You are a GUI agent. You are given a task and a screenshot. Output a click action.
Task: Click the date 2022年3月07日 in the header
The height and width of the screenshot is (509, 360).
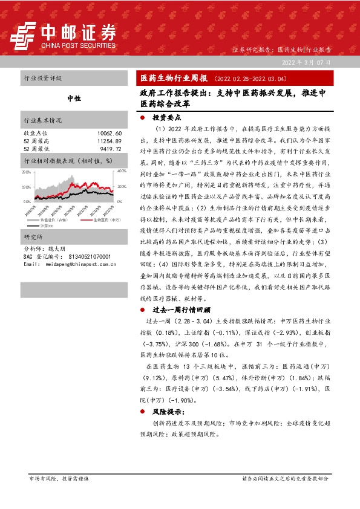tap(307, 63)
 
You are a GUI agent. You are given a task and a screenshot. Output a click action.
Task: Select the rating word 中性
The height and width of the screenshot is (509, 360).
tap(74, 98)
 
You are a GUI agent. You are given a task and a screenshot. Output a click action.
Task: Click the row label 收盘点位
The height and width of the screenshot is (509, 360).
tap(35, 133)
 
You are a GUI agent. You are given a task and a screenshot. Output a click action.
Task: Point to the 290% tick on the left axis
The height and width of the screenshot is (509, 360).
tap(26, 172)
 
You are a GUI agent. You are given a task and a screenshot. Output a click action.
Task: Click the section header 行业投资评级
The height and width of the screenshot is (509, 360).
tap(42, 79)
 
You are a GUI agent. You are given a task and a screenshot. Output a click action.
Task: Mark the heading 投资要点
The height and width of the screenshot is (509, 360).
tap(166, 118)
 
